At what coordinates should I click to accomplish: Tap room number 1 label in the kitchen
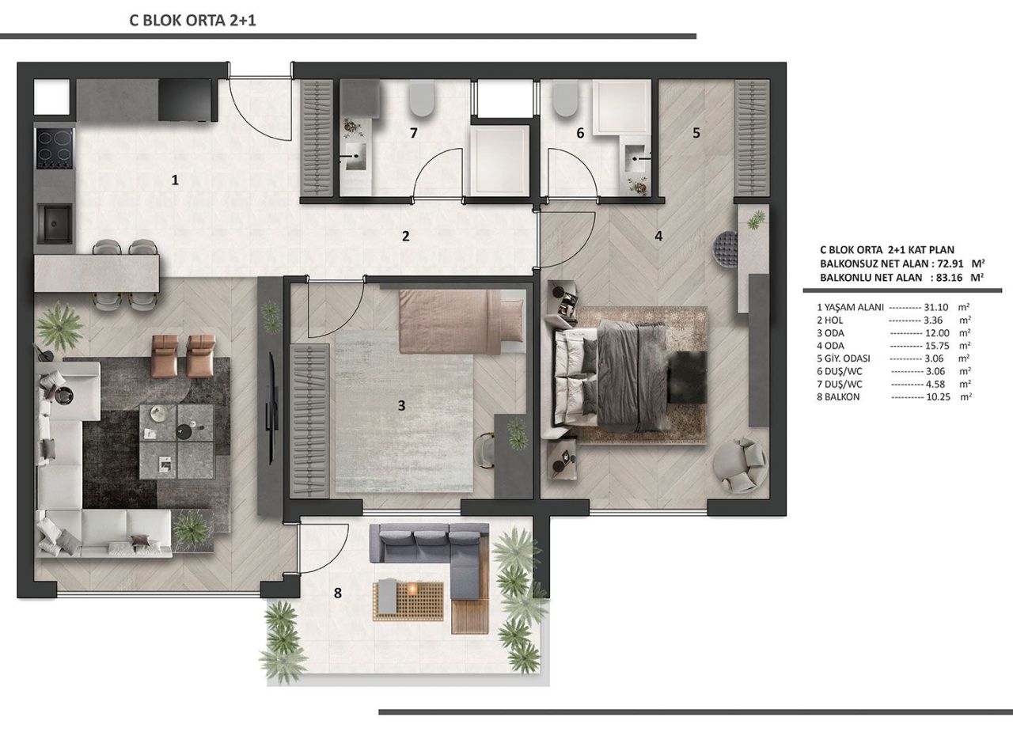(175, 180)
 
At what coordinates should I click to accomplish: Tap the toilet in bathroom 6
(565, 99)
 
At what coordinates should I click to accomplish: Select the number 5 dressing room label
(696, 133)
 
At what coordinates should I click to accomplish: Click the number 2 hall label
(405, 236)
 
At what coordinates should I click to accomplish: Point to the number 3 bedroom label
(401, 406)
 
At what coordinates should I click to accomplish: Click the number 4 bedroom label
(658, 235)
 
